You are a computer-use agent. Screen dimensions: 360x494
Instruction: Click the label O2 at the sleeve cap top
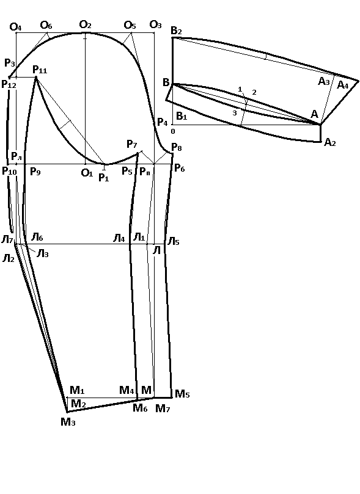click(x=85, y=24)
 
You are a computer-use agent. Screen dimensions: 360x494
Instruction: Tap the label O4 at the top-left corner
click(x=15, y=27)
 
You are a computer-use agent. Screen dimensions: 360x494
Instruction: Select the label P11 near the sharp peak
click(x=40, y=70)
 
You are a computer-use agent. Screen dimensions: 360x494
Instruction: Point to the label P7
click(x=132, y=144)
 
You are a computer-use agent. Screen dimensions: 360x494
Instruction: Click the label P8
click(x=176, y=147)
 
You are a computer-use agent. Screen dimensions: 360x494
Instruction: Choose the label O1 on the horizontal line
click(x=87, y=173)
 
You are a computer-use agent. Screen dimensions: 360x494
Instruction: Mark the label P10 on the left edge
click(x=9, y=171)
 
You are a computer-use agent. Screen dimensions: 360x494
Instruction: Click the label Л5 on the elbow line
click(x=173, y=242)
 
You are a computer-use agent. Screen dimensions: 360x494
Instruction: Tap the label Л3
click(x=43, y=253)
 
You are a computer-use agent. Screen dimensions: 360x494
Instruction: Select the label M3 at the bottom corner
click(x=68, y=422)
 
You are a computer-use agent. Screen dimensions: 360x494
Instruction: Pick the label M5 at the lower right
click(x=182, y=394)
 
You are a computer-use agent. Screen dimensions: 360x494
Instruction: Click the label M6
click(x=141, y=408)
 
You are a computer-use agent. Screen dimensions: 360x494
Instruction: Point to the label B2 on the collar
click(x=176, y=31)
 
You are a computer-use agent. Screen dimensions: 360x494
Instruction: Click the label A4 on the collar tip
click(x=343, y=85)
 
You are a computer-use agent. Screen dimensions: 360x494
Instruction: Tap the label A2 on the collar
click(x=329, y=143)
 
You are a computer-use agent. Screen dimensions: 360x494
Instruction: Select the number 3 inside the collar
click(x=234, y=113)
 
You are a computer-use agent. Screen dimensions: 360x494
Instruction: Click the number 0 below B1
click(x=173, y=131)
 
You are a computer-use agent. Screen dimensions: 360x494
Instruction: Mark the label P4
click(x=163, y=122)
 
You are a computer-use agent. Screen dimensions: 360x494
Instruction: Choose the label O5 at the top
click(x=130, y=25)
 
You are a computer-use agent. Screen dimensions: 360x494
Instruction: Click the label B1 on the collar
click(x=182, y=116)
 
